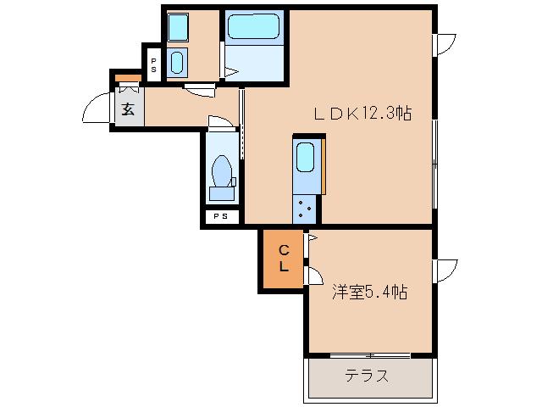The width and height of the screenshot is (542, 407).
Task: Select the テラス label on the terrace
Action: click(x=367, y=376)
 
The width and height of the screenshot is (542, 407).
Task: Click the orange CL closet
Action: click(x=285, y=258)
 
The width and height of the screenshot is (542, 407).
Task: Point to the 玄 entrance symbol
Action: click(x=128, y=109)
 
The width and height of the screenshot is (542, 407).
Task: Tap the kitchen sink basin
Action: click(x=305, y=159)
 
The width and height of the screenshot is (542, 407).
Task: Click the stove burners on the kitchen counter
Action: click(x=305, y=205)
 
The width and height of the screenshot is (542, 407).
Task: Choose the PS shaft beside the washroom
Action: click(x=153, y=64)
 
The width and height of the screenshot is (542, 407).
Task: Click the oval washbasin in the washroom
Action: click(x=177, y=62)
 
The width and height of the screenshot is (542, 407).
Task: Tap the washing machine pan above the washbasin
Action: click(x=178, y=28)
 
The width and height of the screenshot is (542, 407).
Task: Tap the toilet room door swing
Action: click(x=218, y=124)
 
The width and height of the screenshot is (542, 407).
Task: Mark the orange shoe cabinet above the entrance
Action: click(x=128, y=79)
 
